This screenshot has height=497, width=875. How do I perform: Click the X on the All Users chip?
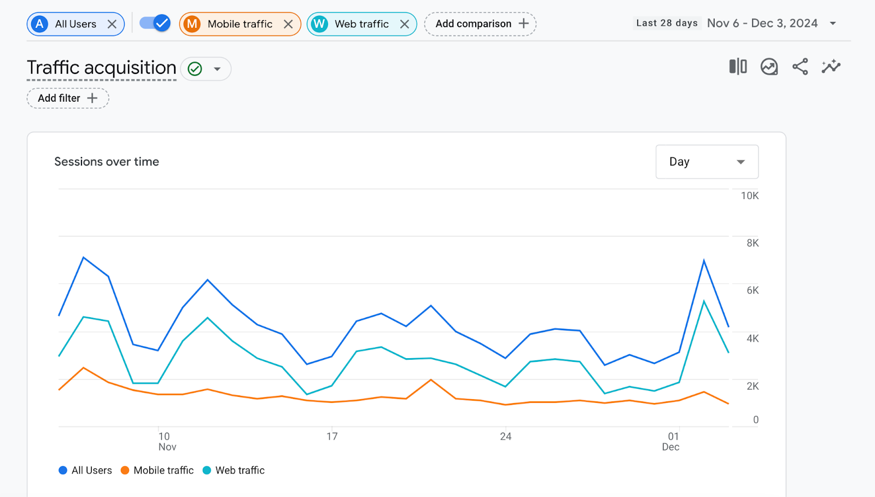point(112,24)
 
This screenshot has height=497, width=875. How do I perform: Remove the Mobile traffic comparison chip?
point(288,24)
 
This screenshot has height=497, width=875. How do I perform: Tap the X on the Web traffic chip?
point(405,24)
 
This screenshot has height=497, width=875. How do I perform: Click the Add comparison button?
point(481,24)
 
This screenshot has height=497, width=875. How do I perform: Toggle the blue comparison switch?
point(155,23)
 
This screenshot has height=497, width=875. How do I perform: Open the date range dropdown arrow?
point(833,24)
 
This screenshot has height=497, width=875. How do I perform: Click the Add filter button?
point(68,98)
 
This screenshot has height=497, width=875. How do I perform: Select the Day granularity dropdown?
point(707,162)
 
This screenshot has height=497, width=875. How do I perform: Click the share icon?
point(800,67)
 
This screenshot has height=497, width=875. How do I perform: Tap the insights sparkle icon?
point(831,67)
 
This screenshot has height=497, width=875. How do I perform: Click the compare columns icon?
point(738,67)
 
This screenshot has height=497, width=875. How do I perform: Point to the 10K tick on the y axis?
point(750,196)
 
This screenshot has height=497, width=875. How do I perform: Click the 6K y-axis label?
point(752,290)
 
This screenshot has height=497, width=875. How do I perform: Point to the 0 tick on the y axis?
point(756,420)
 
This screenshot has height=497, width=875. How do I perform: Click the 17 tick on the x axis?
point(332,436)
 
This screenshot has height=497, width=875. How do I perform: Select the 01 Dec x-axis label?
point(672,441)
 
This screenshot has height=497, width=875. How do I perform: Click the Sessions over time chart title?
point(107,162)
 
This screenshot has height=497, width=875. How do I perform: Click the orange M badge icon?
point(192,24)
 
